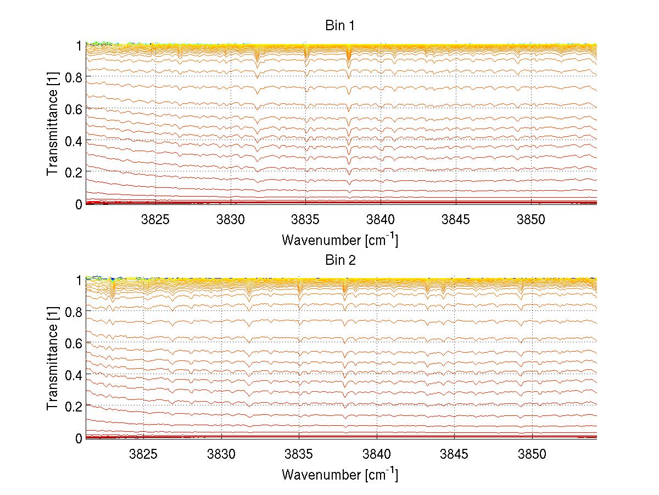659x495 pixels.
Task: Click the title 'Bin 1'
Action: [x=340, y=26]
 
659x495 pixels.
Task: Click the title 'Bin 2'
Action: [x=340, y=260]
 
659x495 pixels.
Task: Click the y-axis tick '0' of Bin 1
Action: [x=79, y=204]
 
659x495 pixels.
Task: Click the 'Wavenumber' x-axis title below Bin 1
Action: [x=340, y=240]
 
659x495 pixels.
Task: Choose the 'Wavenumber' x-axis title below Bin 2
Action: [x=340, y=474]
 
